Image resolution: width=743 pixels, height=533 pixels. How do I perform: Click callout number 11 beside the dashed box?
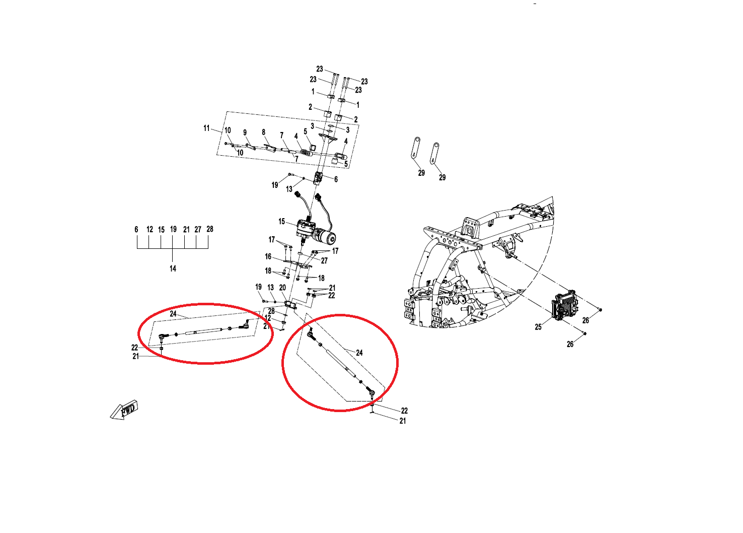[x=207, y=128]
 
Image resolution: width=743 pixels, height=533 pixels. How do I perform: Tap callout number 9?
[x=245, y=132]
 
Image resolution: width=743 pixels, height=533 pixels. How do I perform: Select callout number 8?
[x=264, y=132]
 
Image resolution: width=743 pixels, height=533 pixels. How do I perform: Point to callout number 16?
[x=268, y=256]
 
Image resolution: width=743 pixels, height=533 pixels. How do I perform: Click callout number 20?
[x=282, y=288]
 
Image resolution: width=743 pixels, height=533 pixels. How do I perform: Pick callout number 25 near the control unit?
[x=538, y=327]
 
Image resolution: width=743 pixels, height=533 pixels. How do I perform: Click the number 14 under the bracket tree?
[x=173, y=269]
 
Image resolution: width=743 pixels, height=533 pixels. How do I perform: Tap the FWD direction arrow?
[x=124, y=410]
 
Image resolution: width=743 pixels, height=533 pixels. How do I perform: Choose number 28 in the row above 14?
[x=209, y=229]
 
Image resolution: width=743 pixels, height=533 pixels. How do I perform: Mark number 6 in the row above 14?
[x=136, y=229]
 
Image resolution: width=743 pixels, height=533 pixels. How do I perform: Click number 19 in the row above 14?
[x=173, y=229]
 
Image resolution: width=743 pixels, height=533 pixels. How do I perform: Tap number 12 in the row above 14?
[x=150, y=229]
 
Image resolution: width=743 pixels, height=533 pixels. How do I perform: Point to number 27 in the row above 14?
[x=198, y=229]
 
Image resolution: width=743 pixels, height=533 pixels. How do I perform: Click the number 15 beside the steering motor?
[x=281, y=221]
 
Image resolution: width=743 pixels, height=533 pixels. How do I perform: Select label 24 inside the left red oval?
[x=173, y=314]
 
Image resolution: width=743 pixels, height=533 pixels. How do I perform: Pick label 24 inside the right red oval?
[x=359, y=353]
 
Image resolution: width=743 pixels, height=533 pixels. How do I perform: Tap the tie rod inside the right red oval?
[x=342, y=363]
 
